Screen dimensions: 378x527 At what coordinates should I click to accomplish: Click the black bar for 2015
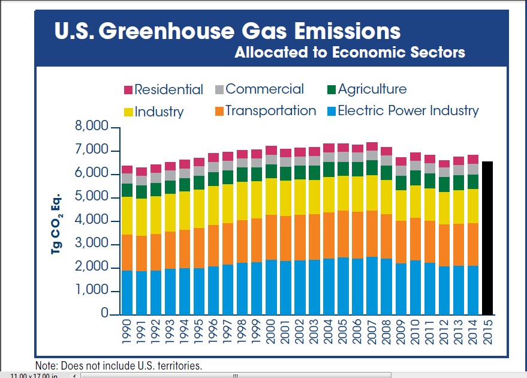point(488,238)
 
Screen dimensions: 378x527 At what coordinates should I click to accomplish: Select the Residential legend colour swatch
point(128,90)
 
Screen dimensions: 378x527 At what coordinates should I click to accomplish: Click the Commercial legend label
point(264,89)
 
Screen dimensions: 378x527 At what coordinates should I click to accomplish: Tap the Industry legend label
point(159,112)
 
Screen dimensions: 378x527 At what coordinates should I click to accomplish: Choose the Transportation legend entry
point(270,111)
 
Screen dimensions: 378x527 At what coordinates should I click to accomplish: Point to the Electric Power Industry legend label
point(408,111)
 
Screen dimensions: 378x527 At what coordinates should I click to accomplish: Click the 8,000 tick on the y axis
point(91,127)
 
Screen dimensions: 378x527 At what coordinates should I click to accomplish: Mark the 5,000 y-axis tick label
point(91,197)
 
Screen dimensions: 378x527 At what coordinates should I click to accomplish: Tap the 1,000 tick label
point(91,291)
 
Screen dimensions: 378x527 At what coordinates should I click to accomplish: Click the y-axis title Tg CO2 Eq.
point(58,222)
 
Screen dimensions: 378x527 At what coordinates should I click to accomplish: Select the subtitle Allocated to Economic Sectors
point(350,52)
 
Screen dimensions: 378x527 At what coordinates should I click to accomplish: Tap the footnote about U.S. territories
point(119,365)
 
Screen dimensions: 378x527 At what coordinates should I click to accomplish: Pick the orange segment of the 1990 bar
point(127,253)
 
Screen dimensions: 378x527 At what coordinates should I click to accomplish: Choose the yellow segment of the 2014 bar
point(473,206)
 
